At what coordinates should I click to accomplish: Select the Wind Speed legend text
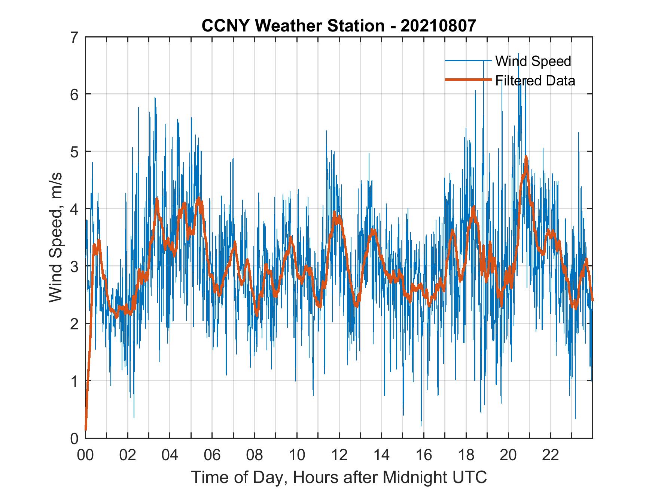point(533,61)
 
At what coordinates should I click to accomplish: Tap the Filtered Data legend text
point(535,81)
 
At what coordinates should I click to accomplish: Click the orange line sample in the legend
point(468,80)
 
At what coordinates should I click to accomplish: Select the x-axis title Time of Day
point(339,477)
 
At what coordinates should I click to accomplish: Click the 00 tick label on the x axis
point(85,456)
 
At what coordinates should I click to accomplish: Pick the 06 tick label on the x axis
point(212,456)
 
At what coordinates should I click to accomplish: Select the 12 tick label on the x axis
point(339,456)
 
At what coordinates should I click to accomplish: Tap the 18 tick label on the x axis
point(466,456)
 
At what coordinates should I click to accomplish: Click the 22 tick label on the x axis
point(551,456)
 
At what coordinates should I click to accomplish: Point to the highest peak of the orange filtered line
point(526,157)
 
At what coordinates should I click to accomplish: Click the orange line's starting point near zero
point(86,429)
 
